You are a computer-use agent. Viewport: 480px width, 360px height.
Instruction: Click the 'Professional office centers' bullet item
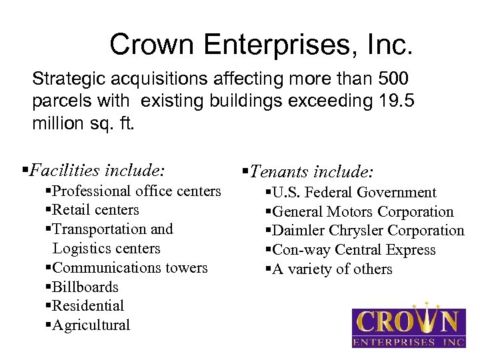[x=136, y=191]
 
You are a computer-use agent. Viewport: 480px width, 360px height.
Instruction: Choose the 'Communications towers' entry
[x=129, y=268]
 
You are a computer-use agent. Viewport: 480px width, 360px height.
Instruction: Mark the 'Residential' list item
[x=87, y=306]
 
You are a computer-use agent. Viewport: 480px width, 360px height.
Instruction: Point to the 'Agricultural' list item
[x=91, y=325]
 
